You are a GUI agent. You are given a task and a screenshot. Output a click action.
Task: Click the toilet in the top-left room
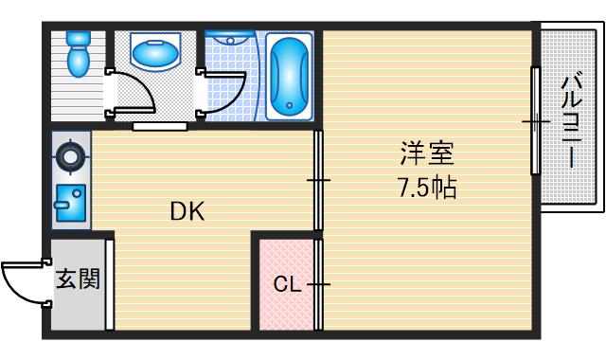79,60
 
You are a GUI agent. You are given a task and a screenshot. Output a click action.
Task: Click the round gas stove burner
69,155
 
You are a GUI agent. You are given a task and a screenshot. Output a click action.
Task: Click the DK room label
187,211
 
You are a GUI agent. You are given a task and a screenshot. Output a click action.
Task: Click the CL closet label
286,283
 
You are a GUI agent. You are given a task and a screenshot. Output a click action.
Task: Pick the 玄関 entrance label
78,279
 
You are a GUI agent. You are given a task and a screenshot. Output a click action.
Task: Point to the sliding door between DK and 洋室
318,179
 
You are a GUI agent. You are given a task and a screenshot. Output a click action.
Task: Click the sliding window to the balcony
535,120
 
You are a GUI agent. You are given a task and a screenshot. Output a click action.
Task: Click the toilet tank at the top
78,40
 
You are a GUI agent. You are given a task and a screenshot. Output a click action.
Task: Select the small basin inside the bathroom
227,40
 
